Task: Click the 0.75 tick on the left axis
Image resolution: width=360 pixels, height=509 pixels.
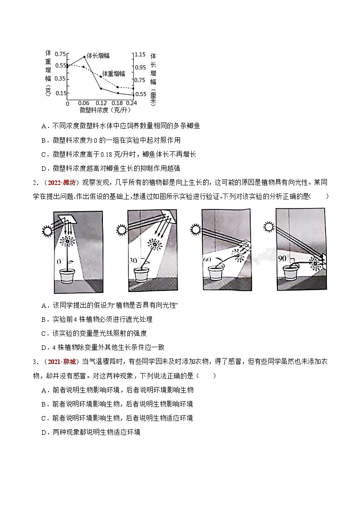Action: [59, 54]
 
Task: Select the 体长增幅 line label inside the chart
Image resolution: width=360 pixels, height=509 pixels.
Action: [98, 56]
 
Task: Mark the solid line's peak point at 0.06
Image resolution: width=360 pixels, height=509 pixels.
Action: [84, 57]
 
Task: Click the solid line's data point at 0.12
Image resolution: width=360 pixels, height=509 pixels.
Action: [101, 88]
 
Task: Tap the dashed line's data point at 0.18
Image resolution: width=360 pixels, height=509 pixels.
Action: [117, 87]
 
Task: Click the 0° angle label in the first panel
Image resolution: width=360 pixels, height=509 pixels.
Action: [58, 262]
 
